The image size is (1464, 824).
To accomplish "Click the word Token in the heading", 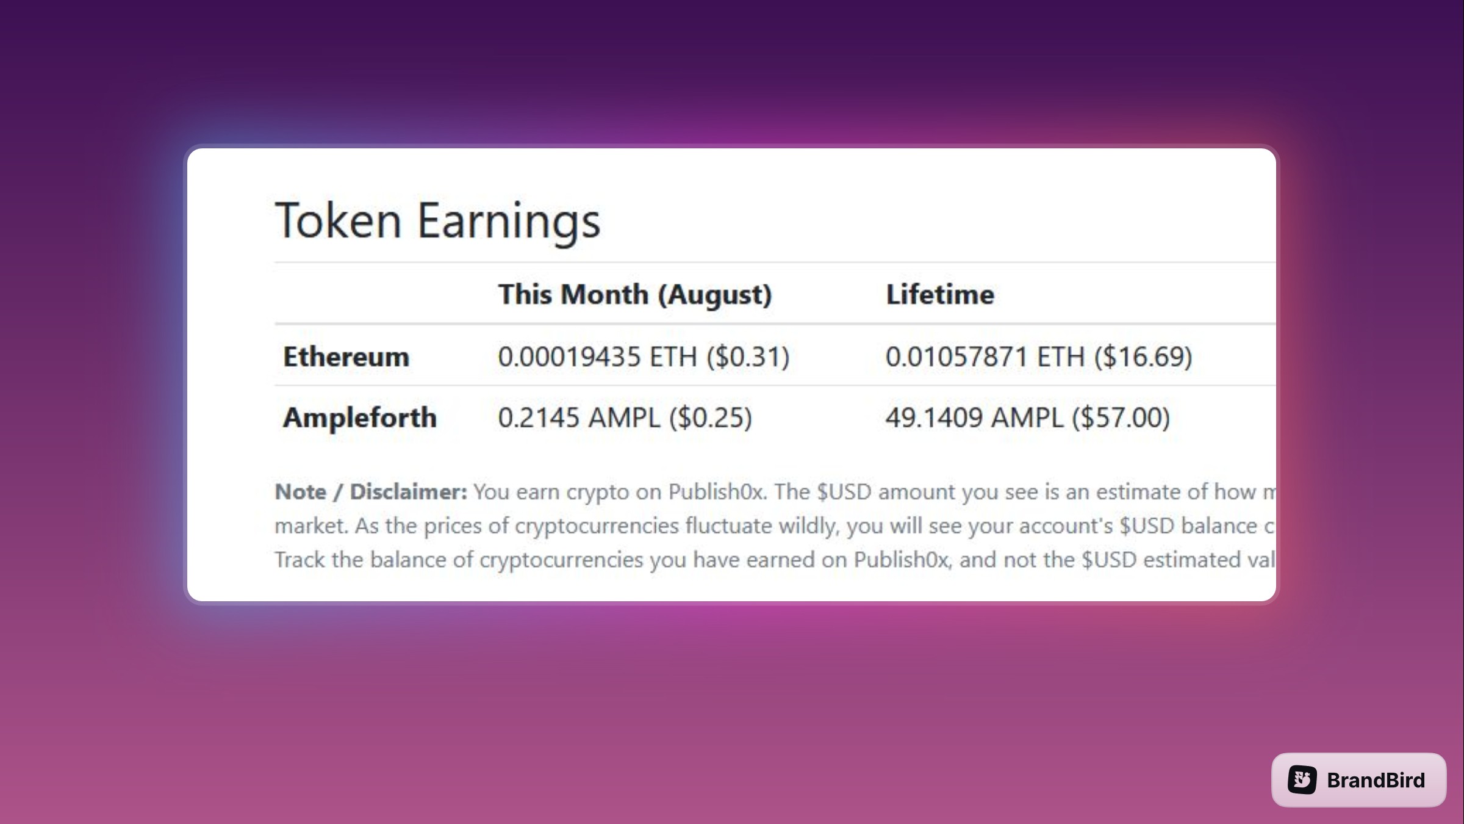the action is point(339,220).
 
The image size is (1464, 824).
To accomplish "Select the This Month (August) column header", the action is point(635,295).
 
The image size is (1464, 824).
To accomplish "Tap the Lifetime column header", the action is point(940,295).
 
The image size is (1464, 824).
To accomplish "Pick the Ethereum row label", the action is point(346,356).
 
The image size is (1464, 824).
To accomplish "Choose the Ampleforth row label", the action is point(360,418).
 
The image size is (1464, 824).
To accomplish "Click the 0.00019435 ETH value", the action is point(597,357).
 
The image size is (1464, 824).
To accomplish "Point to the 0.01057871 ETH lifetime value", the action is point(985,357).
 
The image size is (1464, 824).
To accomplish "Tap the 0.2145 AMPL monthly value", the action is point(579,418).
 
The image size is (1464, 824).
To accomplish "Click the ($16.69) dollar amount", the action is point(1143,357).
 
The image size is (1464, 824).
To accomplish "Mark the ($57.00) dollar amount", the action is point(1121,418).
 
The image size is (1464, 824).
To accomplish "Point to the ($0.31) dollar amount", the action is point(748,357).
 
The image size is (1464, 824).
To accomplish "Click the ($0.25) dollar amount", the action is point(711,418).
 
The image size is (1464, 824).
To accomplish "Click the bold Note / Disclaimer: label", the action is point(371,492).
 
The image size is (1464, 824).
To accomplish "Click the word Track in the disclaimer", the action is point(300,560).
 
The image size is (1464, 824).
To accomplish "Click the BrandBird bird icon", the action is point(1302,779).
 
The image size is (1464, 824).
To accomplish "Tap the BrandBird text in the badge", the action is point(1376,780).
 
